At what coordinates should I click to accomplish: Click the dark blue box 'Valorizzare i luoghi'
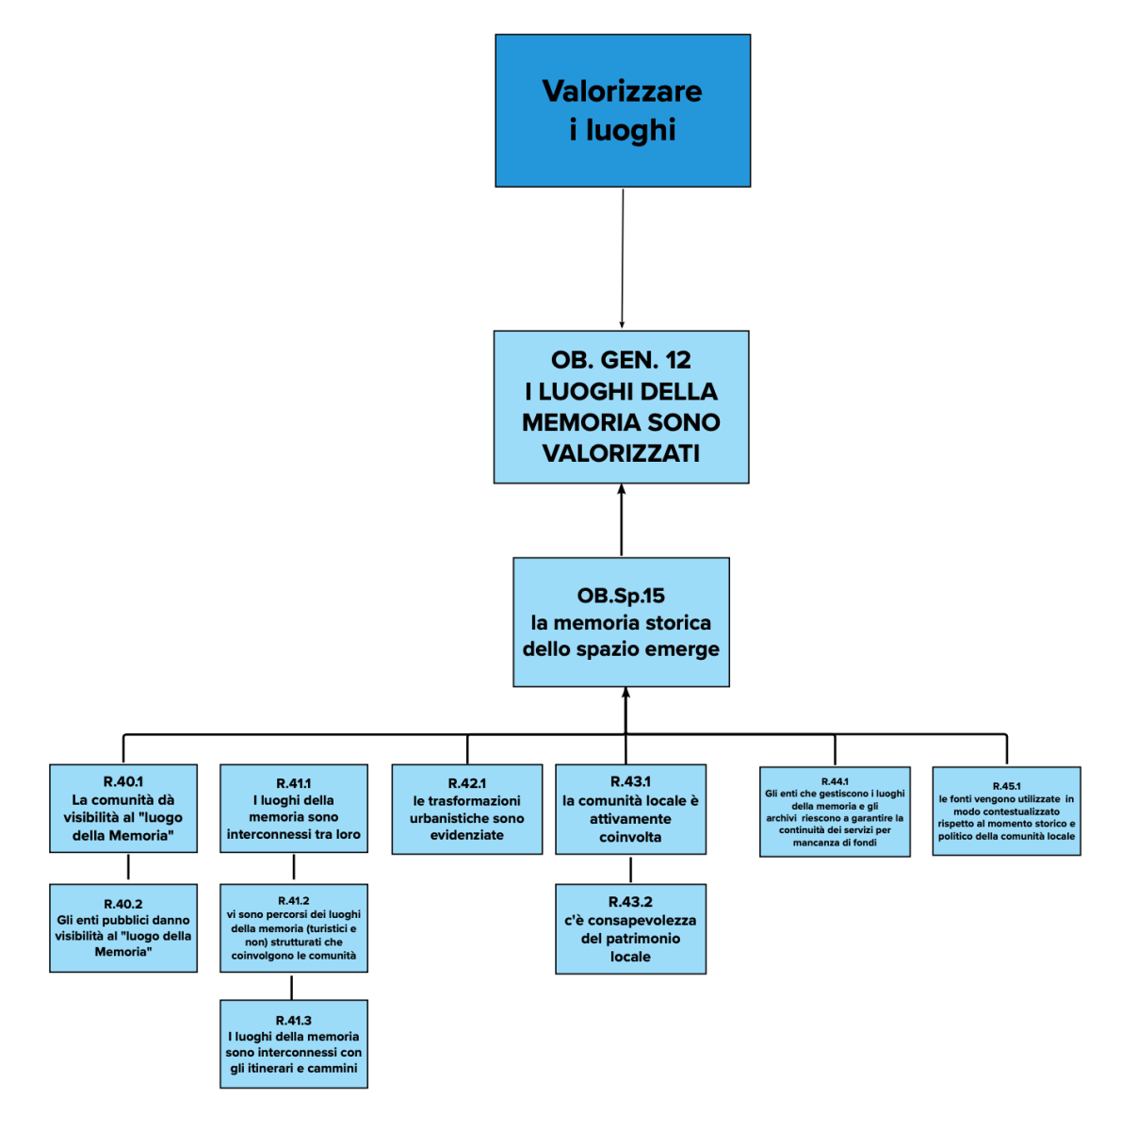pyautogui.click(x=623, y=110)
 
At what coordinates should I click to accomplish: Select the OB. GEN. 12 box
pyautogui.click(x=621, y=406)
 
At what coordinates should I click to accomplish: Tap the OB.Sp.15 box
pyautogui.click(x=621, y=622)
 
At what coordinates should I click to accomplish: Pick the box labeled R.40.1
pyautogui.click(x=123, y=809)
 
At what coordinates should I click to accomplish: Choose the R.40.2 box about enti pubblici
pyautogui.click(x=123, y=927)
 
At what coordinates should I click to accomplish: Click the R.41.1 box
pyautogui.click(x=294, y=809)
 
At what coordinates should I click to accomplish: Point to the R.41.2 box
pyautogui.click(x=294, y=927)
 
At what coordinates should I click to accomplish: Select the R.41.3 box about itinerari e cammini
pyautogui.click(x=294, y=1044)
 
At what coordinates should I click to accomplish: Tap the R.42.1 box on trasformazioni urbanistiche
pyautogui.click(x=467, y=809)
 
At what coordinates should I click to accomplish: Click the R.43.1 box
pyautogui.click(x=630, y=809)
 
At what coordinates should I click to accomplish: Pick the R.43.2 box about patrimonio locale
pyautogui.click(x=630, y=928)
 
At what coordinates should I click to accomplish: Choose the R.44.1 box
pyautogui.click(x=835, y=811)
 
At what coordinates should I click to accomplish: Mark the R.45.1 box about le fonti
pyautogui.click(x=1006, y=811)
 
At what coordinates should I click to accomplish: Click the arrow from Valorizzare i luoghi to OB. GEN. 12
pyautogui.click(x=623, y=259)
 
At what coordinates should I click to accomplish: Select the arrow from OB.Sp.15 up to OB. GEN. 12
pyautogui.click(x=621, y=520)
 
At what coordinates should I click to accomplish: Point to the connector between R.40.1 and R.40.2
pyautogui.click(x=128, y=867)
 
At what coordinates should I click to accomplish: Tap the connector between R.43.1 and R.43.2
pyautogui.click(x=630, y=868)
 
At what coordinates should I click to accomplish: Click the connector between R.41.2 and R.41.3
pyautogui.click(x=292, y=986)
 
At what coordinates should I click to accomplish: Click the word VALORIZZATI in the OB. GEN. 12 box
pyautogui.click(x=621, y=453)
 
